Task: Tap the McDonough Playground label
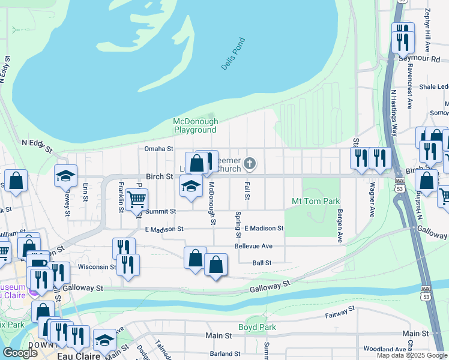195,125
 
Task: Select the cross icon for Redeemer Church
250,163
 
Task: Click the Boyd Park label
257,327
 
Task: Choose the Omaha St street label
158,149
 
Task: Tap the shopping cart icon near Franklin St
136,198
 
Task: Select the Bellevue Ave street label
253,246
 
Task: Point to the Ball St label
262,263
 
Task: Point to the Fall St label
247,192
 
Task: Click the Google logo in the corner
20,353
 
